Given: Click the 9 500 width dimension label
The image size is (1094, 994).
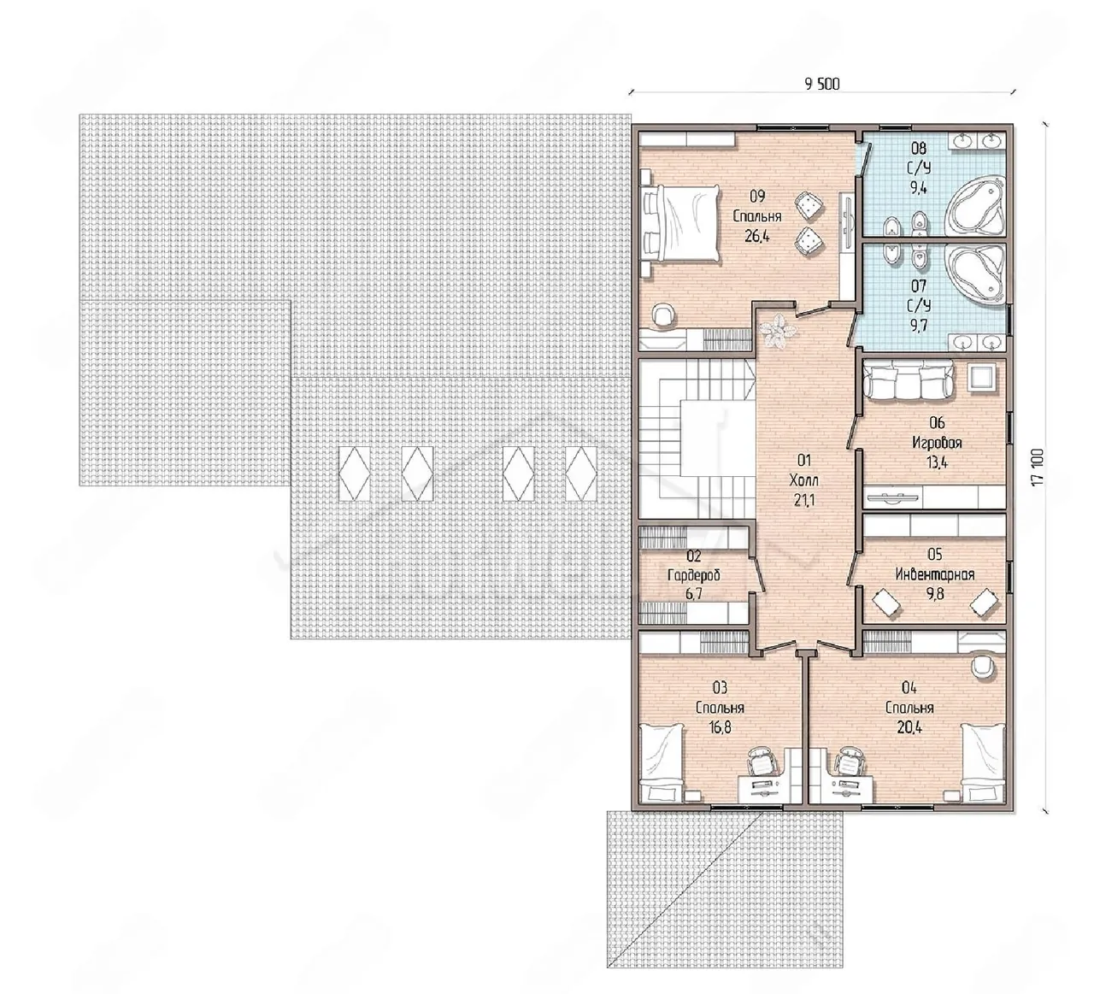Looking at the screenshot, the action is [822, 84].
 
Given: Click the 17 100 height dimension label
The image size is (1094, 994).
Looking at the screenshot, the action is [1037, 467].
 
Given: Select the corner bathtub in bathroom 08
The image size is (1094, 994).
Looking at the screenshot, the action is [975, 204].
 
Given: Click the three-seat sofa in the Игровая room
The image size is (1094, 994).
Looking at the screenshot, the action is [909, 379].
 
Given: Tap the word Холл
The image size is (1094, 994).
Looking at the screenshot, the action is [804, 480].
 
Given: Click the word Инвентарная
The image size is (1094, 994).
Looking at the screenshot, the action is [935, 574].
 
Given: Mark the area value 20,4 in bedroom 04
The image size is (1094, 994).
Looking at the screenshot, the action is [909, 727].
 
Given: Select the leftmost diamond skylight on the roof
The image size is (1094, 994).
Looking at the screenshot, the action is [355, 473].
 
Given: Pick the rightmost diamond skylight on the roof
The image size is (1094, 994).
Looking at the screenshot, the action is [581, 473].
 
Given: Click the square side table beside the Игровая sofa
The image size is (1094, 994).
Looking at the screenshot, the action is [980, 378].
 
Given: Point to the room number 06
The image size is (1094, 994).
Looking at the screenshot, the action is [937, 422].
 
